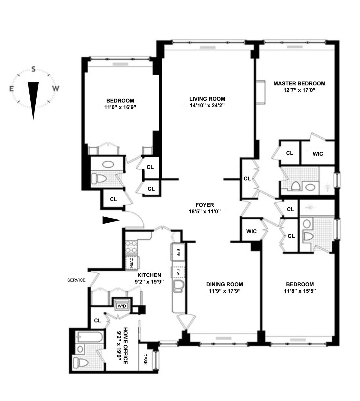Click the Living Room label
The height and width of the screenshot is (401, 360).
pos(207,99)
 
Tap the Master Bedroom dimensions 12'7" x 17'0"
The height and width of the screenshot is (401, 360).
pos(299,90)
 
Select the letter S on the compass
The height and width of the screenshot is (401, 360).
pos(34,70)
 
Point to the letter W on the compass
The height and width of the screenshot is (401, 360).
pos(56,89)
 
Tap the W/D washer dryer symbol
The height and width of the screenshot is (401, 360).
pos(121,306)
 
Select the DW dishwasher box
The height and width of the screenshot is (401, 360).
pos(178,272)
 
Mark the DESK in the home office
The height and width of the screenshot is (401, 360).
pos(145,359)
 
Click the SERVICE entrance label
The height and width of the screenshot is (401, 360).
pos(76,280)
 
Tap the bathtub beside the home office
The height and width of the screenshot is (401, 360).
pos(89,338)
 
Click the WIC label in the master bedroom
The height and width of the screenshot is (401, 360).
pos(318,154)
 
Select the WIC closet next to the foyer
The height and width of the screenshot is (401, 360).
pos(251,231)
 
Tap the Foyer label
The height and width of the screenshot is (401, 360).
pos(205,205)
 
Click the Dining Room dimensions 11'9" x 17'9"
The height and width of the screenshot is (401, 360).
pos(224,291)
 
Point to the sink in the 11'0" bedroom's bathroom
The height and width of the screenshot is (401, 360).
pos(107,165)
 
